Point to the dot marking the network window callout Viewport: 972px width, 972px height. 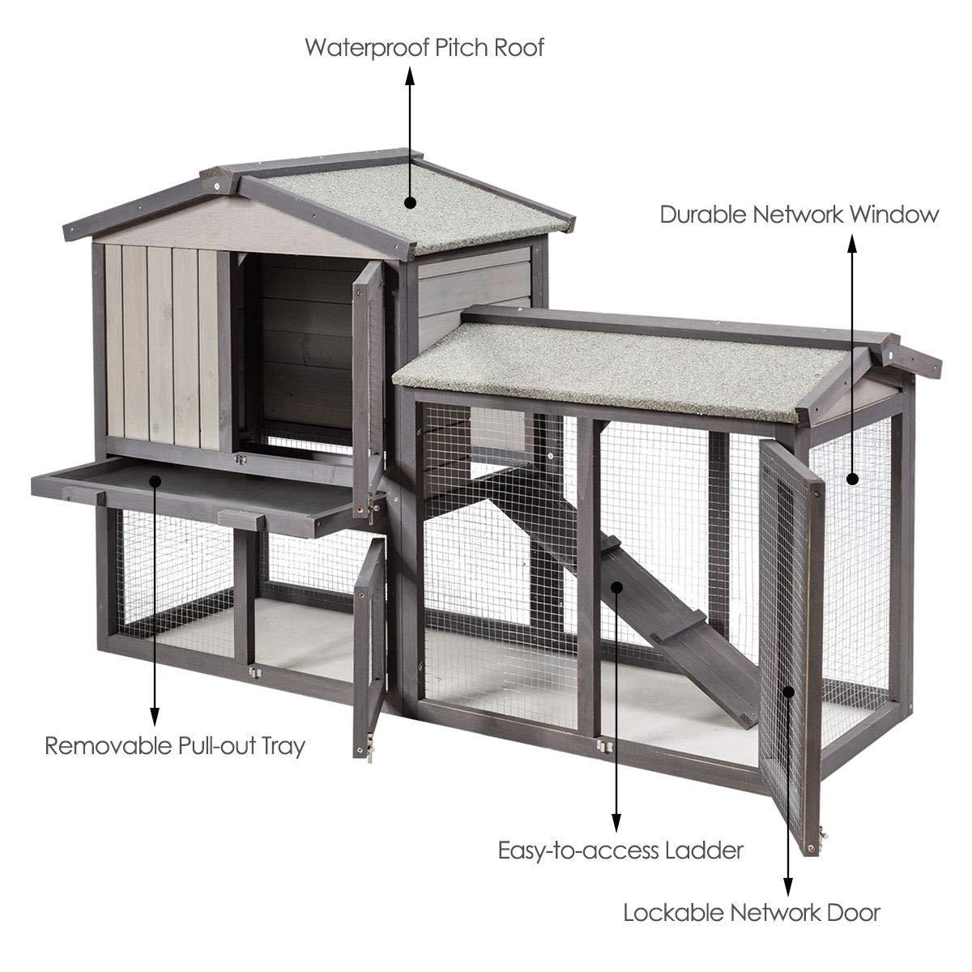pos(852,479)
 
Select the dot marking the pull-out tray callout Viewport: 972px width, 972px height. pos(155,480)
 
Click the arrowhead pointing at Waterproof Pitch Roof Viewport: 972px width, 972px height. pos(410,75)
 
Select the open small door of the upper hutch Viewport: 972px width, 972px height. pos(369,369)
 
